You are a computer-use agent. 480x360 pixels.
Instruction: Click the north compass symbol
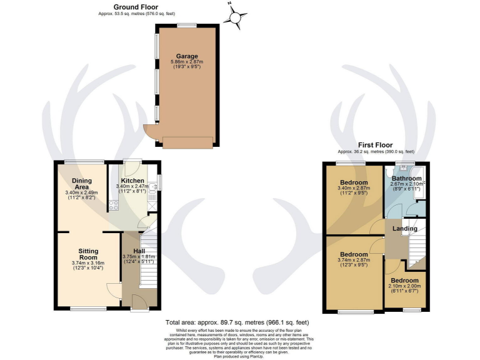point(235,18)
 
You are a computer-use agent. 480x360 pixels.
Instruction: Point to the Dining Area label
point(81,184)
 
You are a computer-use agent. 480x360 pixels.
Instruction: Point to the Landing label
point(404,229)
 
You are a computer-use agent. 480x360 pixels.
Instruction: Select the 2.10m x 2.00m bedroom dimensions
point(405,289)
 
